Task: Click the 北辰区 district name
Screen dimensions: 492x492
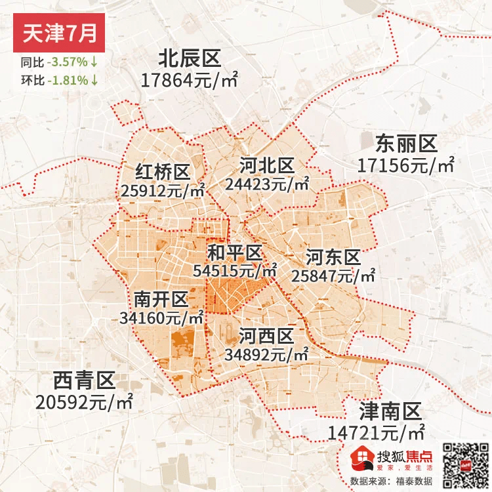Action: click(189, 59)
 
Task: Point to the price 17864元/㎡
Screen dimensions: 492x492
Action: click(189, 81)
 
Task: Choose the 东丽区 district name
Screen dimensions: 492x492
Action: click(406, 143)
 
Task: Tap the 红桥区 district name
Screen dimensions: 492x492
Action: click(163, 172)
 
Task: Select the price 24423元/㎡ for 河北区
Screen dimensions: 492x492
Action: click(267, 184)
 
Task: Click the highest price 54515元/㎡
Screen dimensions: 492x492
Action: click(236, 270)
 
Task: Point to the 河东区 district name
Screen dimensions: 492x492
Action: click(333, 256)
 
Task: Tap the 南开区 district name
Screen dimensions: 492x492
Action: click(161, 300)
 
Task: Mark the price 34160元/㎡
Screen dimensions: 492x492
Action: click(162, 318)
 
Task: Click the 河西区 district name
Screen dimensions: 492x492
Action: click(266, 337)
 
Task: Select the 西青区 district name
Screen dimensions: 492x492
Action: click(85, 380)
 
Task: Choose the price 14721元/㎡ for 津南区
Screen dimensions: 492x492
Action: click(375, 433)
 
